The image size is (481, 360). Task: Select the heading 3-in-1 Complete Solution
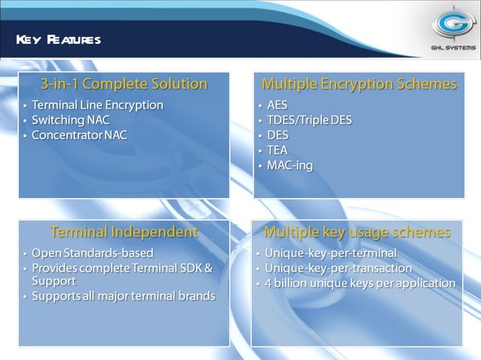point(124,84)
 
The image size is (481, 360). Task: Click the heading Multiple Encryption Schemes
point(359,84)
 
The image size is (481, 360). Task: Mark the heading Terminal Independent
point(124,231)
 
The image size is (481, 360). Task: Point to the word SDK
point(191,267)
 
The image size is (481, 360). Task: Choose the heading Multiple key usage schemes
point(357,231)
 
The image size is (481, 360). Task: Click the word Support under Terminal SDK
point(53,281)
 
